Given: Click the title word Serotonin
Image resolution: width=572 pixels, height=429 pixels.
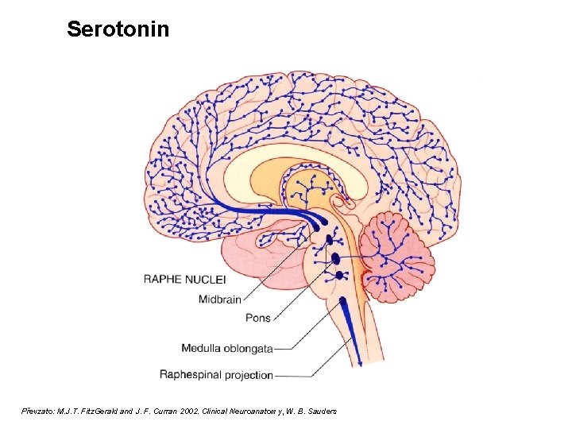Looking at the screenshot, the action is [x=118, y=29].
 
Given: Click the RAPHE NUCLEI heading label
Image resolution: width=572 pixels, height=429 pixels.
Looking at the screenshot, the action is [x=184, y=279].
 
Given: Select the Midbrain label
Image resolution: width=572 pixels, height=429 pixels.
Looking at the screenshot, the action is [x=219, y=299].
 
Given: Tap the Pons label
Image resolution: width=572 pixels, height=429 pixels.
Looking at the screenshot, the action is [x=257, y=318].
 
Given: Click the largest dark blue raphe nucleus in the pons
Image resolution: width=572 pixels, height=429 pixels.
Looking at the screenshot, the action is [x=335, y=258].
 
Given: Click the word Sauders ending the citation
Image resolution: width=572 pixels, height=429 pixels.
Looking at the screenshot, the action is [x=321, y=411].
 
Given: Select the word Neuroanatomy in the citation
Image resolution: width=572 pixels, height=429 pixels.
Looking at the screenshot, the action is [x=254, y=411].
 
